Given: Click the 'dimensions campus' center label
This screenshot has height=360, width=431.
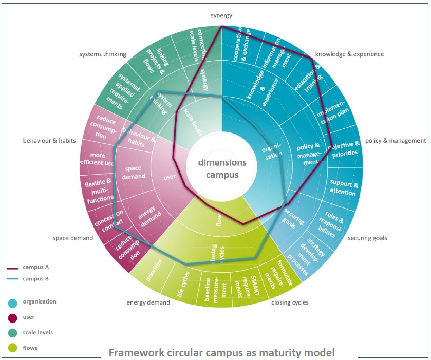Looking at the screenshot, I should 222,168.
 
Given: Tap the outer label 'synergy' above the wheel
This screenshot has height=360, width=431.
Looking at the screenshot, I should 221,16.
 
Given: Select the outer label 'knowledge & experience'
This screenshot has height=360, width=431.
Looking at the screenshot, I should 349,54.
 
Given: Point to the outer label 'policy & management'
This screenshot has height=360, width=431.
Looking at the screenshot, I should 395,140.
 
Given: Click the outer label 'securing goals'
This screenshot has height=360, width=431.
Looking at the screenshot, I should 367,238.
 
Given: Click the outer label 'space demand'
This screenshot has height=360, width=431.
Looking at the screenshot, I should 73,238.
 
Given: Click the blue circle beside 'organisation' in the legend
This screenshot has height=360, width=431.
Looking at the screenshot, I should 13,302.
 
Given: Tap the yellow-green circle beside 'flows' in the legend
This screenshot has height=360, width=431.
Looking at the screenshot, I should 13,348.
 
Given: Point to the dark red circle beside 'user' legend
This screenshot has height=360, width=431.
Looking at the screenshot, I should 13,318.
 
